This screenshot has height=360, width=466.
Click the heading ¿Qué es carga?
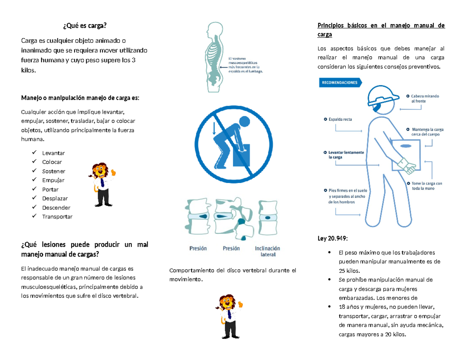tap(84, 26)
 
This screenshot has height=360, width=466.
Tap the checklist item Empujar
tap(53, 180)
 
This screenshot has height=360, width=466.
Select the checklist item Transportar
tap(57, 217)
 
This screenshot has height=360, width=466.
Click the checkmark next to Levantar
tap(35, 153)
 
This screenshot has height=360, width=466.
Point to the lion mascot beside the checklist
tap(102, 184)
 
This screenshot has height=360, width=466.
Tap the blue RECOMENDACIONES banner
tap(340, 83)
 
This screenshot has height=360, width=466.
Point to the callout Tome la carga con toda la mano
tap(426, 186)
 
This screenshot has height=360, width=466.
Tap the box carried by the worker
tap(405, 154)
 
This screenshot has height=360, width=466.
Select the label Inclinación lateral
tap(267, 251)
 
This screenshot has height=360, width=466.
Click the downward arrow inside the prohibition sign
tap(213, 128)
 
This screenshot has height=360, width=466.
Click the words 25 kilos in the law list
tap(349, 270)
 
